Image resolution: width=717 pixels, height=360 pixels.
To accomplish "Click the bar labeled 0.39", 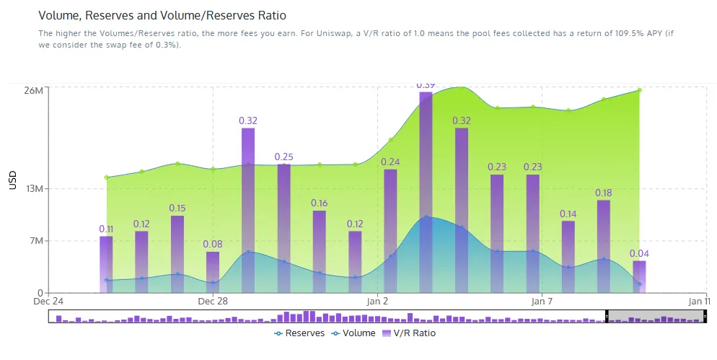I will [426, 191].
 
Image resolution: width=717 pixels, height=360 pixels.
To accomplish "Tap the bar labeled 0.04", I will [639, 276].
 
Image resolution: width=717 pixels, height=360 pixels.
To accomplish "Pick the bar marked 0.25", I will [283, 227].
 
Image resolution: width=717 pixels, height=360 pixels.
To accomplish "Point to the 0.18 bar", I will [603, 245].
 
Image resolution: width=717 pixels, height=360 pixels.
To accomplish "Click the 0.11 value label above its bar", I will [106, 229].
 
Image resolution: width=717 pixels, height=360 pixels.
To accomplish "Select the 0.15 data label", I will [177, 208].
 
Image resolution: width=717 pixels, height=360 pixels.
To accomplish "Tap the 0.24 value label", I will [390, 162].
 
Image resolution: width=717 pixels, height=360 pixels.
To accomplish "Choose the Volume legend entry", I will [353, 333].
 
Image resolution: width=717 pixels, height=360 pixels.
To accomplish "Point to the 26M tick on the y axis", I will [34, 90].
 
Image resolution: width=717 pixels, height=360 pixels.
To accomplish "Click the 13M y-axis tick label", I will [34, 189].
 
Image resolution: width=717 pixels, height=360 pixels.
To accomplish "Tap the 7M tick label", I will [36, 241].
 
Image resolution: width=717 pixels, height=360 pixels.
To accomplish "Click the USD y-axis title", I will [12, 180].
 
